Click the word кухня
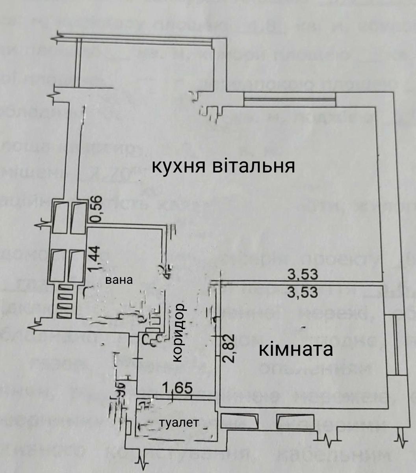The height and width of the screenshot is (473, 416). (176, 167)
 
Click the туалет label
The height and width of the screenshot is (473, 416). (179, 423)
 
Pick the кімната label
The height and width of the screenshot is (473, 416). (295, 350)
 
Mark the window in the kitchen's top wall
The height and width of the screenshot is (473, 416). (290, 99)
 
